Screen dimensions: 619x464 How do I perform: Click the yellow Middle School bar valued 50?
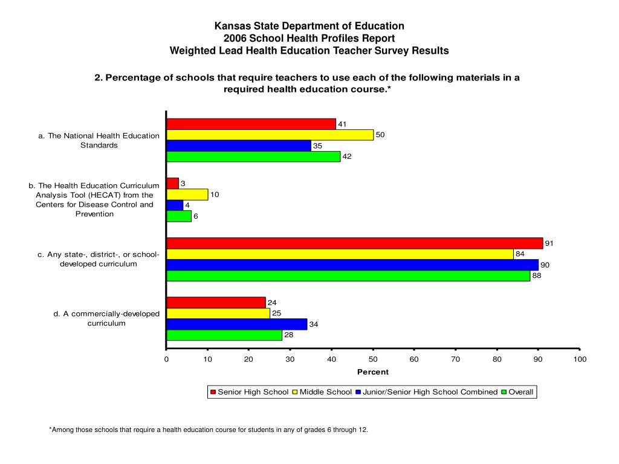(270, 135)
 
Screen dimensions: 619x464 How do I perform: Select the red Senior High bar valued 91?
(355, 243)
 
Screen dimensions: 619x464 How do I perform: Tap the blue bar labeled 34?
(237, 324)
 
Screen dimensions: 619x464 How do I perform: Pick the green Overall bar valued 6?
(179, 216)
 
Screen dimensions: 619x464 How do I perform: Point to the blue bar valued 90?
(352, 265)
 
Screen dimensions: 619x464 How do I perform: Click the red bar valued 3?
(172, 184)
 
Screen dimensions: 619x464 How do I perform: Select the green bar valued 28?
(224, 335)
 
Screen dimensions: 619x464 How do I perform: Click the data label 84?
(520, 254)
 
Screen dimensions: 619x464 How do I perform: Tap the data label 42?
(346, 156)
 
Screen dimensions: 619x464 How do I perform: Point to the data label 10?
(215, 195)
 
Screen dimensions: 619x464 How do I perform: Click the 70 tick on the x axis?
(455, 359)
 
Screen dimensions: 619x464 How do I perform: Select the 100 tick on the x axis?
(580, 359)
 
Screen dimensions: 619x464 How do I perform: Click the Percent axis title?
(372, 372)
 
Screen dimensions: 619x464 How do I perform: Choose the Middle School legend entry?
(322, 391)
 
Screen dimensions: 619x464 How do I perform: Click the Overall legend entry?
(517, 391)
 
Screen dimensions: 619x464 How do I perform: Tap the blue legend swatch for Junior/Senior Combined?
(358, 392)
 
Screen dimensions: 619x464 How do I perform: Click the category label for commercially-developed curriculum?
(106, 318)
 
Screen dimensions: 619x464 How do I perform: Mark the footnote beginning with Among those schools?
(209, 430)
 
